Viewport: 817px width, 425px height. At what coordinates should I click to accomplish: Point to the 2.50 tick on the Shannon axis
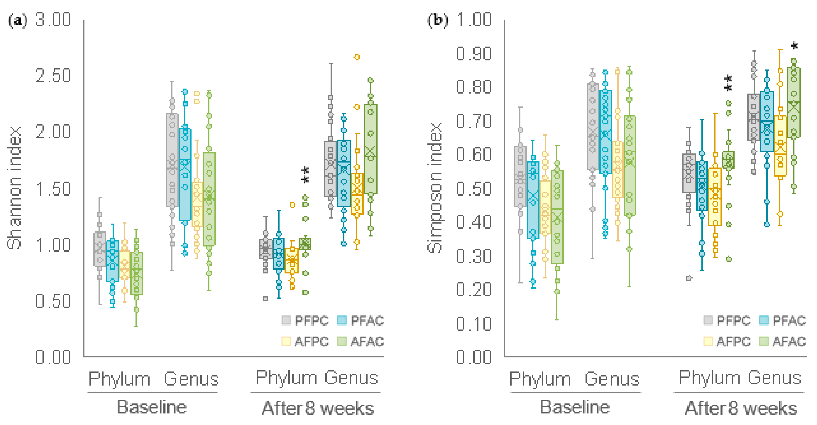[x=53, y=76]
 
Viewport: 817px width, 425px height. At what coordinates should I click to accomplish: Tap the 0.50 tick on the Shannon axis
[x=53, y=301]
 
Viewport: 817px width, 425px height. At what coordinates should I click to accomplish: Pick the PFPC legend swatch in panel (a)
[x=286, y=320]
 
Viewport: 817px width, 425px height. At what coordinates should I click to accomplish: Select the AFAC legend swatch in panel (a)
[x=342, y=341]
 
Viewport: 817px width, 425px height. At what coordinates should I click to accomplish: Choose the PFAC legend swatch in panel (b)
[x=764, y=320]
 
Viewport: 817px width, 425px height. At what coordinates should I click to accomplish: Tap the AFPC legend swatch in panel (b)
[x=708, y=341]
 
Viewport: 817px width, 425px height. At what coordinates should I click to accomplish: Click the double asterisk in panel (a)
[x=305, y=175]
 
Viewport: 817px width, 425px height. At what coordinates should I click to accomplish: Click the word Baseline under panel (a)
[x=152, y=407]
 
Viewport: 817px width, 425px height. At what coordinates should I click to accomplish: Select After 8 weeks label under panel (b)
[x=741, y=408]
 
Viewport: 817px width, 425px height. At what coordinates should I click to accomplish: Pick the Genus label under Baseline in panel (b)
[x=612, y=379]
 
